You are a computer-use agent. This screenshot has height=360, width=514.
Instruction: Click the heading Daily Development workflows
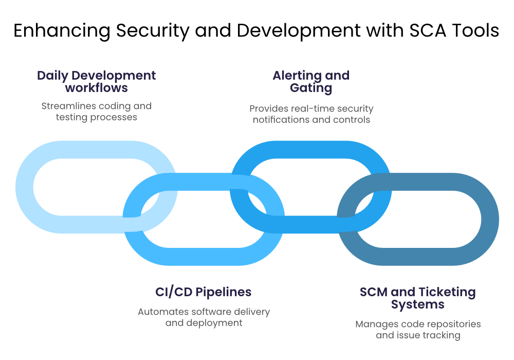click(x=96, y=81)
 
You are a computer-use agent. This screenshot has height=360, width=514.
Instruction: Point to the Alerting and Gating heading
click(x=311, y=81)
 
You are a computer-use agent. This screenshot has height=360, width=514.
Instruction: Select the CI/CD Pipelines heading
click(x=204, y=292)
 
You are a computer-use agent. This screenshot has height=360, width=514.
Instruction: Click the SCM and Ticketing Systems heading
click(x=417, y=298)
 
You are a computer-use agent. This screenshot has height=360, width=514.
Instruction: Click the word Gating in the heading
click(x=311, y=88)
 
